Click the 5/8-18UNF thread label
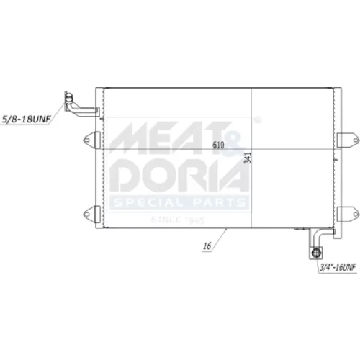coord(27,119)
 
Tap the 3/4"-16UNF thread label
coord(338,267)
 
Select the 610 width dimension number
coord(218,145)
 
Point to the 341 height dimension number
coord(248,158)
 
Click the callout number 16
coord(207,246)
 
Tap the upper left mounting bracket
coord(91,140)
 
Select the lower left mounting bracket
coord(91,214)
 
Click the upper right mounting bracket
coord(348,140)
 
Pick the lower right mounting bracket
coord(348,214)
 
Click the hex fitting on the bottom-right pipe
coord(316,253)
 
